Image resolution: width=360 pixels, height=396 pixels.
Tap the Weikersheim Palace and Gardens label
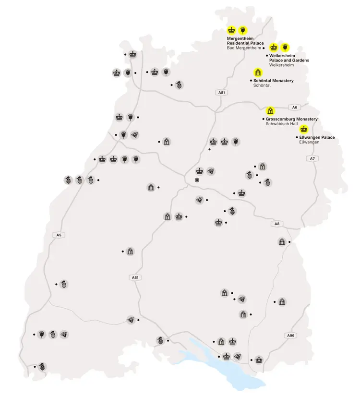tap(289, 58)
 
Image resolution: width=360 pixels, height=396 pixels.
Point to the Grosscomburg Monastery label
tap(291, 119)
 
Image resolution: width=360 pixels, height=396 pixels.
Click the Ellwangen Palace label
tap(317, 138)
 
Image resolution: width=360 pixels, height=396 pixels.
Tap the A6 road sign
tap(295, 107)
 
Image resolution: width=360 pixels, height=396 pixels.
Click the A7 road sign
tap(312, 158)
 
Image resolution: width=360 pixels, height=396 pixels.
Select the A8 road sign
tap(276, 224)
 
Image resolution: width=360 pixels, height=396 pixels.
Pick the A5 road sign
tap(59, 235)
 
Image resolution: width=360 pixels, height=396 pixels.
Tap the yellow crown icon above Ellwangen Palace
tap(303, 129)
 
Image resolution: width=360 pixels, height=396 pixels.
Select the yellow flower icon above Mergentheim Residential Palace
tap(243, 30)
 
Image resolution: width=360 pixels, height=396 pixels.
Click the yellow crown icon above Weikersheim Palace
tap(274, 47)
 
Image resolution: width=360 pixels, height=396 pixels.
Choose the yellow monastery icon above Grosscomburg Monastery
tap(270, 111)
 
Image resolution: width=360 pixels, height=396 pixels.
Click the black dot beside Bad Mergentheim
tap(264, 48)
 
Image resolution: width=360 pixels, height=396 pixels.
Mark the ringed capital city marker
tap(196, 180)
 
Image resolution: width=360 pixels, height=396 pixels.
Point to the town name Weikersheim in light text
tap(281, 65)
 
